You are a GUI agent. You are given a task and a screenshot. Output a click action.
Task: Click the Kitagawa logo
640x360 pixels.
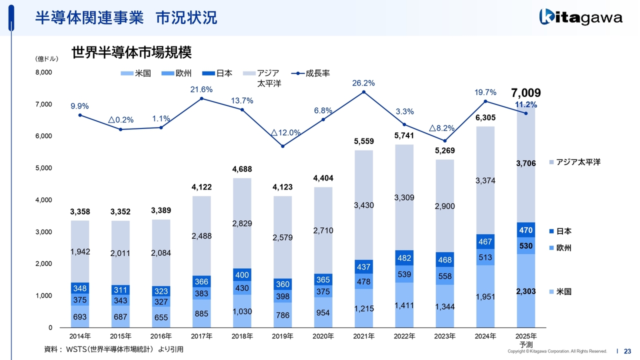coord(580,17)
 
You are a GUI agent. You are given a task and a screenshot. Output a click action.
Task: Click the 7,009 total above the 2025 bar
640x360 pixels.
coord(525,93)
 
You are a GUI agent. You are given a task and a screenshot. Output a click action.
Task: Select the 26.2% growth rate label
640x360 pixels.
coord(363,83)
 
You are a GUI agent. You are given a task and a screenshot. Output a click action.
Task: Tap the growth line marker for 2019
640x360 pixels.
coord(282,146)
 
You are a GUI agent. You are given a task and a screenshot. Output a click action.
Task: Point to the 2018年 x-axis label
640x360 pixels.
coord(242,336)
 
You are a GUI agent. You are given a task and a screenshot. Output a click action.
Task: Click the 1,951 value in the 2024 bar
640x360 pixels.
coord(485,297)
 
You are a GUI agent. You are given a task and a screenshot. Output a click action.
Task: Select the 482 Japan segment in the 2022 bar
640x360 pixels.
coord(404,257)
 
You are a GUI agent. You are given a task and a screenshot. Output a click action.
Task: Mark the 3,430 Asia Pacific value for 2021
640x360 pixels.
coord(363,205)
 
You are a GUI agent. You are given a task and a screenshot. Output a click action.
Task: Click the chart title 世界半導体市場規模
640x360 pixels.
coord(132,52)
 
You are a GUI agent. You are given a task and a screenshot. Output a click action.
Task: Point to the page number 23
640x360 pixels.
coord(627,351)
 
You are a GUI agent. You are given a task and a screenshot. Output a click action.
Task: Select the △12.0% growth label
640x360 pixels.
coord(285,133)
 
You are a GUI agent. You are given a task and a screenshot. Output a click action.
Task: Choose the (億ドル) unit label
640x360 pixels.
coord(47,59)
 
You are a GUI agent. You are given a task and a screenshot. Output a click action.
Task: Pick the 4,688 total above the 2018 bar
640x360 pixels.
coord(242,169)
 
